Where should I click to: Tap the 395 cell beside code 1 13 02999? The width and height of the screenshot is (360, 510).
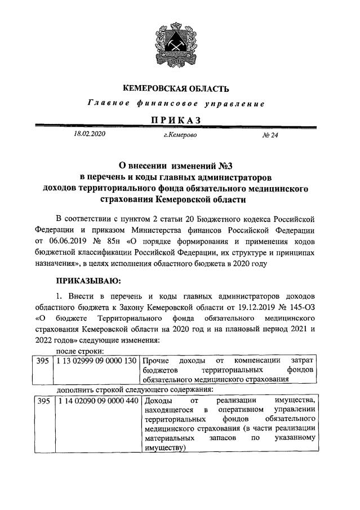tap(42, 360)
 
